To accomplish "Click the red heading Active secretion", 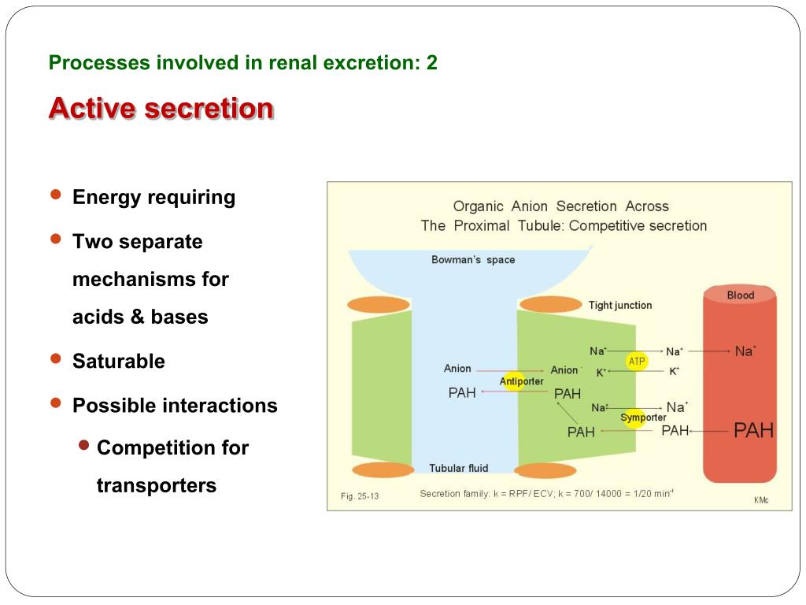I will (x=161, y=108).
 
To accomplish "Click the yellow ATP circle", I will (x=637, y=361).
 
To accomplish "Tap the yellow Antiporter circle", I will (x=514, y=381).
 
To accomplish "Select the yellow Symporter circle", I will (x=634, y=418).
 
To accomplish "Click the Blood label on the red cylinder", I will (x=740, y=295).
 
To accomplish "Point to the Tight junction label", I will (x=620, y=305).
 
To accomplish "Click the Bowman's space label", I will (x=473, y=260).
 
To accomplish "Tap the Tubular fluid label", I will (x=458, y=468).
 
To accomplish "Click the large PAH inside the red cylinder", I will (x=753, y=430).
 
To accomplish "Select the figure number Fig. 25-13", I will (x=360, y=496).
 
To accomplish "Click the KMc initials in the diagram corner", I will (x=761, y=499).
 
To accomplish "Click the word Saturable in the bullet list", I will (x=119, y=362).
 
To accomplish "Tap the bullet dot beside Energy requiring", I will (x=55, y=195).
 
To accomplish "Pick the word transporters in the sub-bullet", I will (x=156, y=485).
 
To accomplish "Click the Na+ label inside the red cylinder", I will (x=745, y=351).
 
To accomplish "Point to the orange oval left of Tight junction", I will (x=551, y=304).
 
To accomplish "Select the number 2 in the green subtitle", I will (x=431, y=63).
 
